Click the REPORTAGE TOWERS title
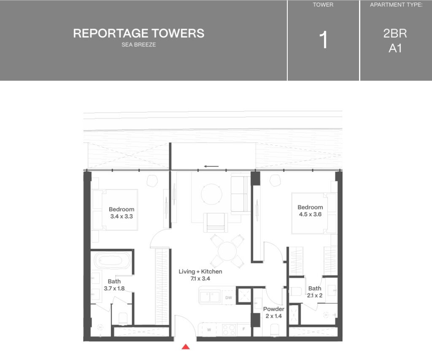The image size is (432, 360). pos(138,34)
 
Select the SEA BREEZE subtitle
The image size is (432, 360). pos(138,45)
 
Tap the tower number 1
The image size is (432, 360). pos(323,41)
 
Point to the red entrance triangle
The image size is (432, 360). pos(186,347)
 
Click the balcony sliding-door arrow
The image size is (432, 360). pos(211,166)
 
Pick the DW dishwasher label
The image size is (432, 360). pos(229,298)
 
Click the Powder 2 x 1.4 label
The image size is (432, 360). pos(273,312)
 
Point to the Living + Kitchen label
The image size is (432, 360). pos(200,275)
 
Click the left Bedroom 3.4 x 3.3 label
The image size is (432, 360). pos(121,213)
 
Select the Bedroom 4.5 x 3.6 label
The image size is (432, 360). pos(310,211)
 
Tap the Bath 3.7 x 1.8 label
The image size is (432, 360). pos(114,285)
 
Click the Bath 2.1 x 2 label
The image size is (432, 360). pos(315,292)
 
